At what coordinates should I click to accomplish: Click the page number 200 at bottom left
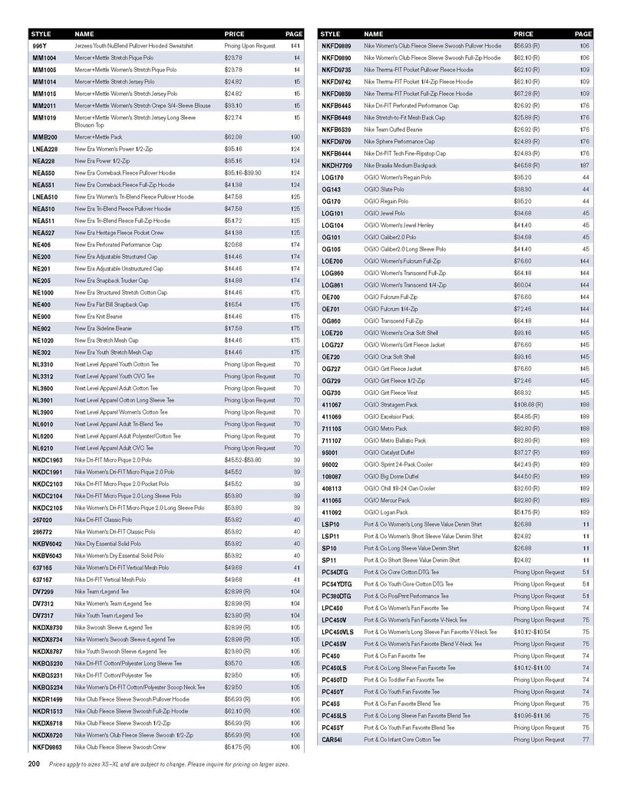coord(34,764)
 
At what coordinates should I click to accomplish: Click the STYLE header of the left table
coord(40,34)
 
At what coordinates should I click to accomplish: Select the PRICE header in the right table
coord(523,34)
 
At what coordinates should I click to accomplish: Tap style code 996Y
coord(39,46)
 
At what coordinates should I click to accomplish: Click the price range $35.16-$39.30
coord(244,172)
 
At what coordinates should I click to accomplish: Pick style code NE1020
coord(43,340)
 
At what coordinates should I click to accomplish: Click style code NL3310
coord(43,364)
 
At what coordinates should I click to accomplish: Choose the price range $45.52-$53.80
coord(244,460)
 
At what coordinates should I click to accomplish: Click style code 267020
coord(42,520)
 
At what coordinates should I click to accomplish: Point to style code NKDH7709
coord(337,165)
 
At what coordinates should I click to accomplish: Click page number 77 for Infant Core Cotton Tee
coord(586,740)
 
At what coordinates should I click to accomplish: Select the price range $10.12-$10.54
coord(531,632)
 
